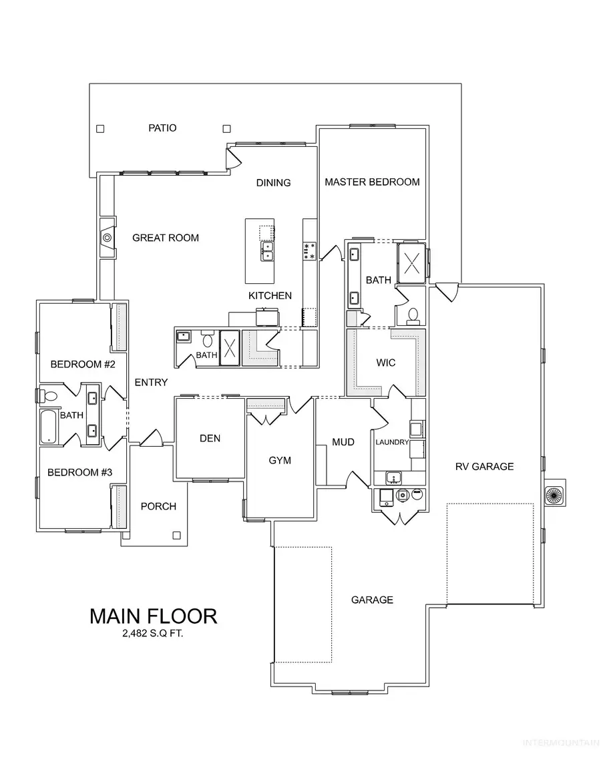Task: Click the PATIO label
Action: point(162,128)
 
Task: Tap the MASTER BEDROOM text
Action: point(372,182)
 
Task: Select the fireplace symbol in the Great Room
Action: point(107,237)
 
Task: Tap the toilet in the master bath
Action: point(413,313)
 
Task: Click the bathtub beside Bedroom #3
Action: point(49,427)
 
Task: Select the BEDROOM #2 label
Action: point(83,364)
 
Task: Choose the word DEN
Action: point(210,438)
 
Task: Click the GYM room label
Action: point(280,460)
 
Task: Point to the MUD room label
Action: point(343,442)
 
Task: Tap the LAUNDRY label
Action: point(392,442)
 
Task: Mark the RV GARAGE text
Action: point(484,466)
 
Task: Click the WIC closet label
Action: point(385,363)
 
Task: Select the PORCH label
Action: point(158,506)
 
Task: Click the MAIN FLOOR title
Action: point(153,616)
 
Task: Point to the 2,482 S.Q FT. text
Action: point(153,634)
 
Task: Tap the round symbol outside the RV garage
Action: point(554,495)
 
